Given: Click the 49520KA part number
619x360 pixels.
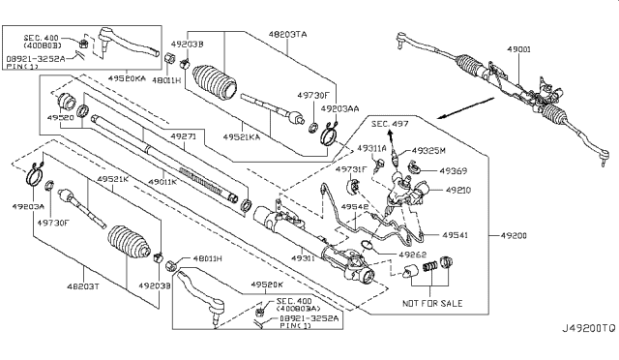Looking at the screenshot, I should [129, 76].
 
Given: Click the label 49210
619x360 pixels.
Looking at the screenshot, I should [457, 191].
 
